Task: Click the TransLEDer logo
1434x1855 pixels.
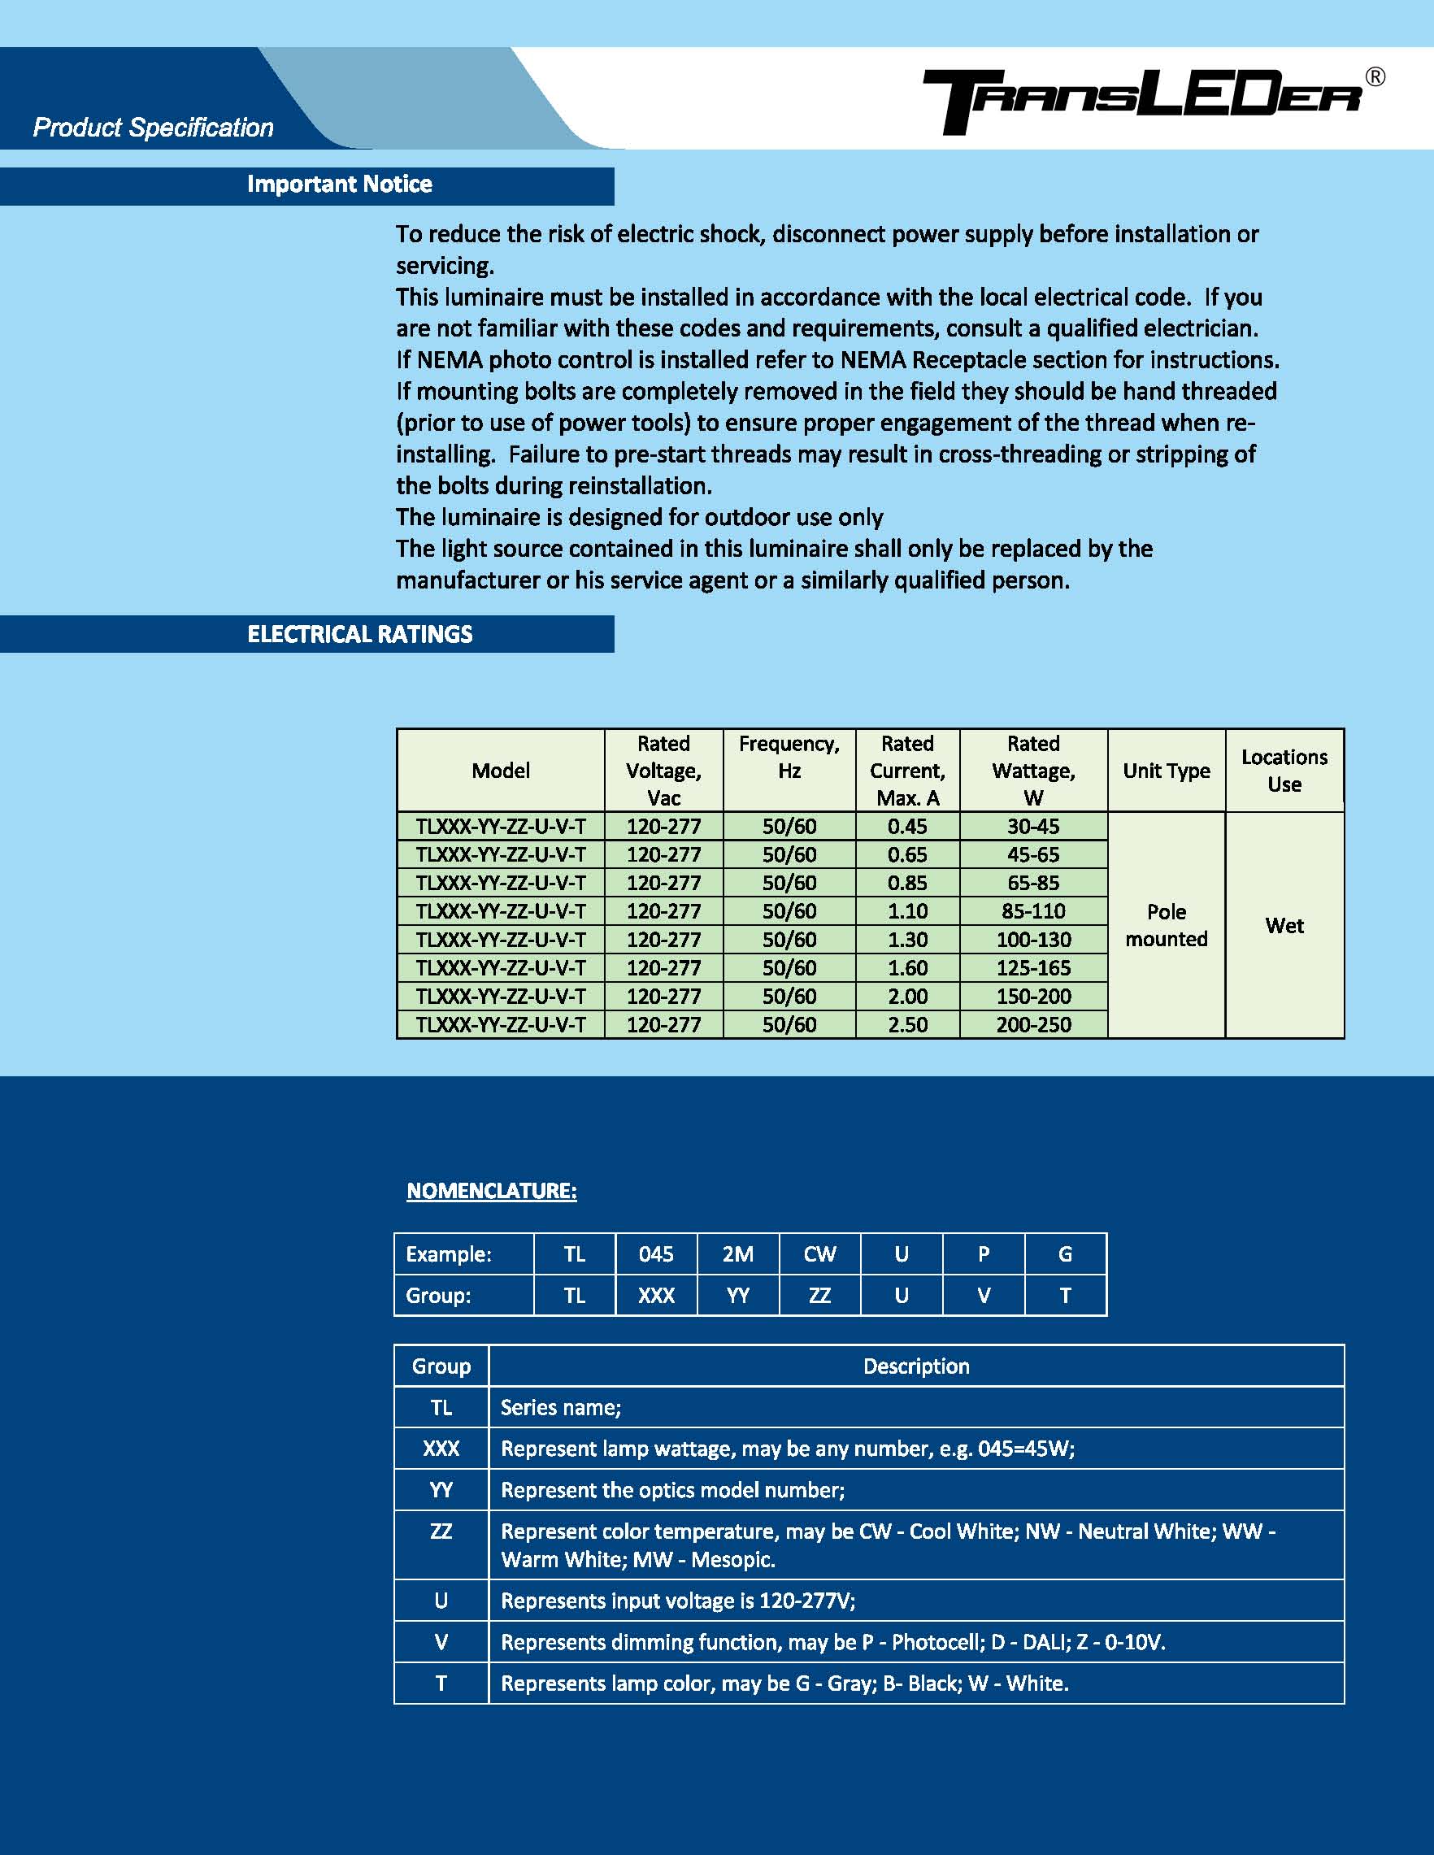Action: pos(1143,101)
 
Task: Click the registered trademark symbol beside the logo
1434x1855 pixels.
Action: pos(1375,77)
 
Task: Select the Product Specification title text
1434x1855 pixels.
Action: pos(153,128)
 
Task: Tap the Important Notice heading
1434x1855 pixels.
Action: pos(339,185)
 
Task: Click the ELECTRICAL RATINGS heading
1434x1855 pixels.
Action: pos(359,635)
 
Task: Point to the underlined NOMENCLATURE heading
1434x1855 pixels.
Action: pos(491,1191)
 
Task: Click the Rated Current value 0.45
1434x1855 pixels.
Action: pos(906,827)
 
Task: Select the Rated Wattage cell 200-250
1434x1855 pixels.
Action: pos(1033,1024)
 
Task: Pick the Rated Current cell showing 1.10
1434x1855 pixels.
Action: pos(906,911)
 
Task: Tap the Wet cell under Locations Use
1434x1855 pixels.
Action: pos(1284,925)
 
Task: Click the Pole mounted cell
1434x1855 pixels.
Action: pos(1166,925)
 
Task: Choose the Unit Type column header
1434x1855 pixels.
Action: pos(1166,771)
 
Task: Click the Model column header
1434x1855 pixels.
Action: pos(501,771)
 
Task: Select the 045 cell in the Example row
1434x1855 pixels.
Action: pos(656,1254)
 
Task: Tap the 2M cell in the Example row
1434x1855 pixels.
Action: pos(737,1254)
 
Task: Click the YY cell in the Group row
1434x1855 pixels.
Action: pos(737,1295)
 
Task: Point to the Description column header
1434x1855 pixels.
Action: pos(916,1366)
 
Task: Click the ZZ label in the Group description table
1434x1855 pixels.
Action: pos(441,1531)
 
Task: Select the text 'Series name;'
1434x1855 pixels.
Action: pos(561,1407)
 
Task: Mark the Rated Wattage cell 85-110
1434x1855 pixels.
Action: pos(1033,911)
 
